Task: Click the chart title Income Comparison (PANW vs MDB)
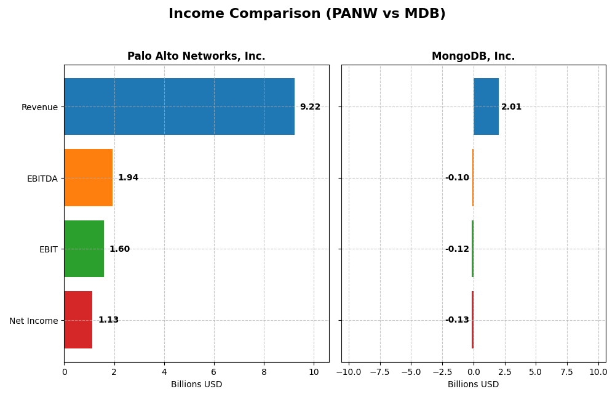pos(307,14)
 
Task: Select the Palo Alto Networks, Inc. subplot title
pos(196,56)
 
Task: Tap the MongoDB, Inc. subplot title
pos(473,56)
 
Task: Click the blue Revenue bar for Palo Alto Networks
pos(179,107)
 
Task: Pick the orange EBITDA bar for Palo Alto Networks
pos(88,177)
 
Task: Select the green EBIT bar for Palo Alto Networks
pos(84,249)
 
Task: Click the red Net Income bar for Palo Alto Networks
pos(78,320)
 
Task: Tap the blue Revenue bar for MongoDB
pos(486,107)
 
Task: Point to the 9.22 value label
pos(310,107)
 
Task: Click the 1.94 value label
pos(128,178)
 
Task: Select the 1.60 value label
pos(119,249)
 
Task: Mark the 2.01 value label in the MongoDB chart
pos(511,107)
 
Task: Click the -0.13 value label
pos(457,320)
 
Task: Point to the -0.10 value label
pos(457,178)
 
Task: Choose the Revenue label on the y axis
pos(39,107)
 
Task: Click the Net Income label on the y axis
pos(33,321)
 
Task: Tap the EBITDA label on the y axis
pos(42,179)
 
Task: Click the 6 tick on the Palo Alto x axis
pos(214,372)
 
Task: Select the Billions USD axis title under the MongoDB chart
pos(473,384)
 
